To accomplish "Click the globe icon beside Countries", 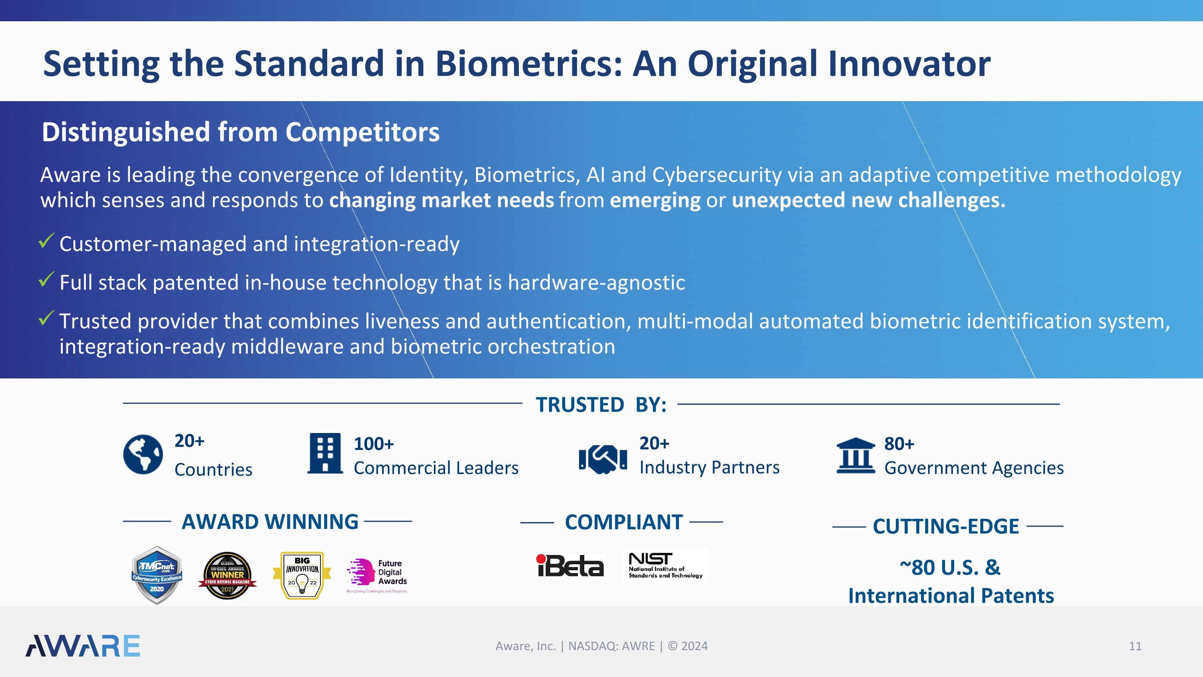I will tap(143, 454).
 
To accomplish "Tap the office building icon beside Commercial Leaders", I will tap(325, 453).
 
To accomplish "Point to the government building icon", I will tap(855, 455).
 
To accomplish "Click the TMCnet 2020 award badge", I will tap(157, 575).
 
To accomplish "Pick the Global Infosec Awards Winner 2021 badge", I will tap(227, 575).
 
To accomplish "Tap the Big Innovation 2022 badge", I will tap(302, 575).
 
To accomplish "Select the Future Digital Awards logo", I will tap(377, 575).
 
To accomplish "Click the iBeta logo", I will tap(570, 566).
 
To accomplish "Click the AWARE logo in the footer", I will tap(83, 646).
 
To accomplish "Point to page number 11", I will tap(1135, 646).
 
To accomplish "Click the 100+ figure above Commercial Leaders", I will tap(374, 444).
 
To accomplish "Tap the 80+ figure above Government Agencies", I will tap(899, 444).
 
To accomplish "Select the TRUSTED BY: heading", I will tap(601, 405).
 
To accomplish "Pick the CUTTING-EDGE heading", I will tap(946, 527).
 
